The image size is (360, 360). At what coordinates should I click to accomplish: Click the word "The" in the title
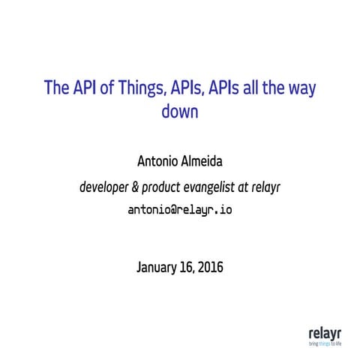56,88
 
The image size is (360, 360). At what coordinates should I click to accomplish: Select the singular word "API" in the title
85,88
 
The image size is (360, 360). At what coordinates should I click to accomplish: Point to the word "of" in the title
108,88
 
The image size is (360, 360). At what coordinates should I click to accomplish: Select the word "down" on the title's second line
179,112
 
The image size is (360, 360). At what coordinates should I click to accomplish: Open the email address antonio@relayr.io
181,210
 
